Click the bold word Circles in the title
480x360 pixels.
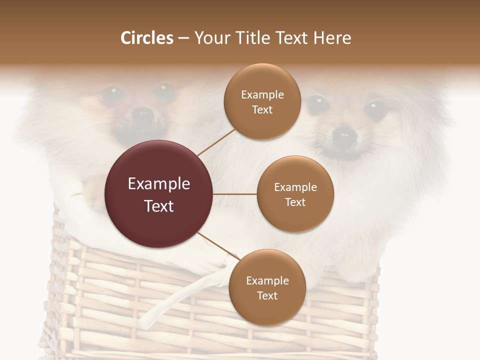click(x=146, y=38)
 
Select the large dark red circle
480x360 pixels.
click(x=159, y=194)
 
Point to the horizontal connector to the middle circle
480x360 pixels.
click(x=235, y=194)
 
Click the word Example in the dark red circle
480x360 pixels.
click(x=159, y=184)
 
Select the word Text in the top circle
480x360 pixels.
click(x=262, y=109)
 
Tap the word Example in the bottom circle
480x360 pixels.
click(x=267, y=281)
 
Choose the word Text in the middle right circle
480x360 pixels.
click(x=295, y=202)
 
